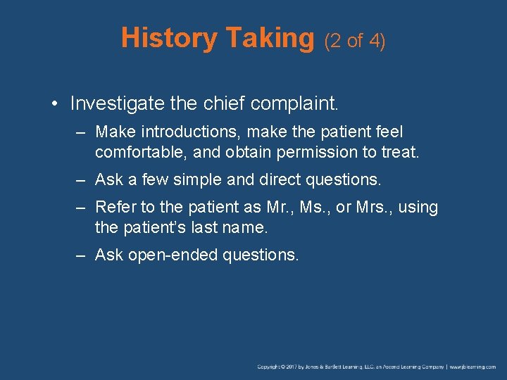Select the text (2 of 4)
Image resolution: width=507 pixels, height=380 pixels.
coord(354,41)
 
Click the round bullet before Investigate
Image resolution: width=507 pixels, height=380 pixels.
coord(54,104)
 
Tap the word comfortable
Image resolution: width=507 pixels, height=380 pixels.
coord(139,152)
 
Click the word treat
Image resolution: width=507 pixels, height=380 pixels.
coord(400,152)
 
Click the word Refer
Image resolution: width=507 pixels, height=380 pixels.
coord(112,207)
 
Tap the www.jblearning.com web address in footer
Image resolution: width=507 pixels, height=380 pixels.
coord(473,367)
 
